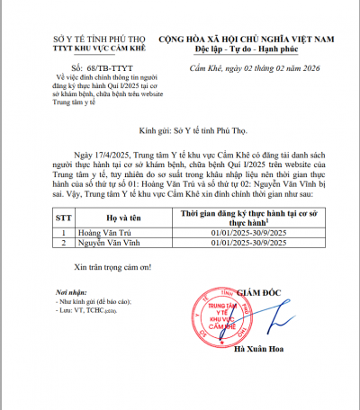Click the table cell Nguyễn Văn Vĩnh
[108, 242]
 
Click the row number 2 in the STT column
[63, 242]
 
